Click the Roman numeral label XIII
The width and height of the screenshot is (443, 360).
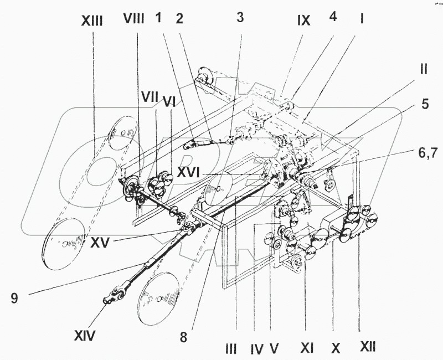click(x=92, y=22)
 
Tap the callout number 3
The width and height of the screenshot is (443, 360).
click(x=240, y=17)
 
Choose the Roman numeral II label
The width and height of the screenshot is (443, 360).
click(x=424, y=70)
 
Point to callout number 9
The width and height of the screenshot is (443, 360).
click(x=14, y=299)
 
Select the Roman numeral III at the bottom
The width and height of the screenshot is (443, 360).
click(x=231, y=349)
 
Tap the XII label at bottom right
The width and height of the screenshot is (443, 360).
click(x=368, y=347)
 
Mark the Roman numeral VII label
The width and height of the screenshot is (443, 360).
click(x=150, y=98)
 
